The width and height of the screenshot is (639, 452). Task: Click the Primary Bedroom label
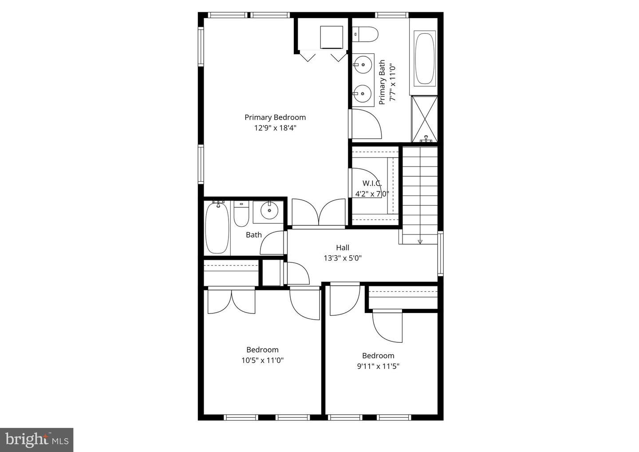(x=275, y=118)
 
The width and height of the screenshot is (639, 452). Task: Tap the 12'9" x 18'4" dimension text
(x=275, y=128)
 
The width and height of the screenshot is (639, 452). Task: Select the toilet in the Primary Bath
(x=365, y=34)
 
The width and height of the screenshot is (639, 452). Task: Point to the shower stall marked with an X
(x=425, y=119)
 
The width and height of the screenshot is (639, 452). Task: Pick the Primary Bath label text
(x=382, y=82)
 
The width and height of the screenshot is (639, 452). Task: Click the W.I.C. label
(x=372, y=183)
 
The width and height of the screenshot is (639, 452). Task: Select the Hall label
(x=343, y=248)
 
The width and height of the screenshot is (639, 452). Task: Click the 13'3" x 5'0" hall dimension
(x=343, y=258)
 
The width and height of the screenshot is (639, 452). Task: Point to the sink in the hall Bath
(x=269, y=210)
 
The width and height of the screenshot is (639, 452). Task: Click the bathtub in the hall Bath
(x=217, y=227)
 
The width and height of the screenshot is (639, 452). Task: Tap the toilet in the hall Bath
(x=241, y=214)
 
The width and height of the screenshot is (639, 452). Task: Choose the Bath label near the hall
(x=254, y=235)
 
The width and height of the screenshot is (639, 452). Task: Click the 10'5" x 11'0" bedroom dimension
(x=262, y=361)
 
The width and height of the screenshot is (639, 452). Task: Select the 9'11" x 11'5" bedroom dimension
(x=378, y=366)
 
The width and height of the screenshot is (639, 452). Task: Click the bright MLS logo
(x=36, y=440)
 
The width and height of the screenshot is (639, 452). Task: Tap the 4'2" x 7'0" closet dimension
(x=372, y=194)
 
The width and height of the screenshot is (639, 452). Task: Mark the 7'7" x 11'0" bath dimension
(x=393, y=83)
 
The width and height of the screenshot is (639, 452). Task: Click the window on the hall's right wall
(x=441, y=254)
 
